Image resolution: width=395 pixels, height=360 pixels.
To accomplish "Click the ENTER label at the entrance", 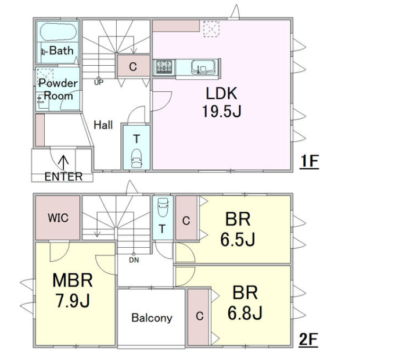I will point(63,176).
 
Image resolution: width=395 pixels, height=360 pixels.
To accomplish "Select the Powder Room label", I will point(58,89).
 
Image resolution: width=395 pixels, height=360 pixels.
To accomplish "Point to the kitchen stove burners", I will point(164,67).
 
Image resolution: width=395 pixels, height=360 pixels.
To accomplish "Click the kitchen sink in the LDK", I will point(203,68).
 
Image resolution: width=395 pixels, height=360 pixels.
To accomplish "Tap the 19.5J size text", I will point(221,111).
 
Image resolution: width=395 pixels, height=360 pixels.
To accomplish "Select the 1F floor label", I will point(310,161).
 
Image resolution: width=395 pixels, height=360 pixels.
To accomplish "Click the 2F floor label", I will point(309,340).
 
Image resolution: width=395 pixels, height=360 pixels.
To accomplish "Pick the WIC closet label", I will point(58,218).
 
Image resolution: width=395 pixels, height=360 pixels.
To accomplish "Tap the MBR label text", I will point(73,281).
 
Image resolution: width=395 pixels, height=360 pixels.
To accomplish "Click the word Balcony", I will point(152,318).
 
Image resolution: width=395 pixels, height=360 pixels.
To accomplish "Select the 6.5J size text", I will point(238,238).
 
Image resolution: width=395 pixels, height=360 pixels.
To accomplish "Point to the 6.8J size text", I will point(245,312).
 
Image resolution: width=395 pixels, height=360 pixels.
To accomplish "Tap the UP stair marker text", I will point(99,82).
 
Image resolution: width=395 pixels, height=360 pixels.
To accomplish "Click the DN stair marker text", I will point(134,260).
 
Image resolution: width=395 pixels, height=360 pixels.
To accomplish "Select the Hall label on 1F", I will point(103,124).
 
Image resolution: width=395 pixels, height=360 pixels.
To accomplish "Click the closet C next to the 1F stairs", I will point(132,67).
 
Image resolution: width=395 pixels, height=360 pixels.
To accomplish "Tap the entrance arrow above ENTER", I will point(63,160).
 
